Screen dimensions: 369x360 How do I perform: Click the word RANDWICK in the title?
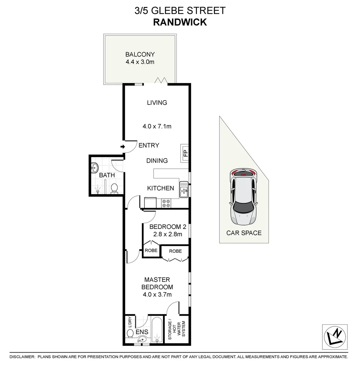pyautogui.click(x=180, y=22)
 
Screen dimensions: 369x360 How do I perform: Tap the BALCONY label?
pyautogui.click(x=140, y=54)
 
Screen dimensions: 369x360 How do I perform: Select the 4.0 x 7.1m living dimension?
pyautogui.click(x=157, y=126)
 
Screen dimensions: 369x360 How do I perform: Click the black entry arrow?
pyautogui.click(x=122, y=147)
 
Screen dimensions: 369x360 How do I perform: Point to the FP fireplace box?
pyautogui.click(x=185, y=153)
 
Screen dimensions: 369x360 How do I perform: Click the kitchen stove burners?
pyautogui.click(x=166, y=203)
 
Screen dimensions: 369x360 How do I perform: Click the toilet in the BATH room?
pyautogui.click(x=115, y=188)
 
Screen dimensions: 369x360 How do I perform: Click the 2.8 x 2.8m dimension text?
pyautogui.click(x=168, y=234)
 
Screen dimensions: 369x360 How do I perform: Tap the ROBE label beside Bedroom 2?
pyautogui.click(x=151, y=250)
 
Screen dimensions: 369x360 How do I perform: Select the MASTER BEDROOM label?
pyautogui.click(x=157, y=283)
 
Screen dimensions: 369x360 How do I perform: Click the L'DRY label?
pyautogui.click(x=130, y=322)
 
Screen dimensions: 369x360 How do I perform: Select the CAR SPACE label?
pyautogui.click(x=244, y=233)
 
